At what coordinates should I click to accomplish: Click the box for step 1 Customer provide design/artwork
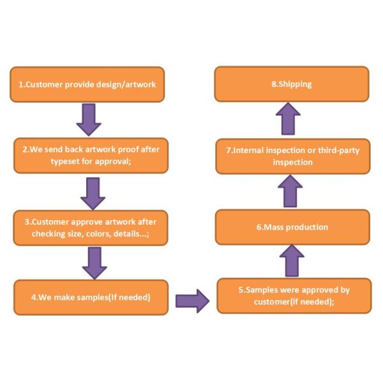click(x=87, y=84)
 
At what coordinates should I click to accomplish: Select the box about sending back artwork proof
click(x=91, y=155)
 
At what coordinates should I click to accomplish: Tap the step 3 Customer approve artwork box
click(x=91, y=227)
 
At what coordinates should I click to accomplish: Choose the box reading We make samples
click(x=89, y=297)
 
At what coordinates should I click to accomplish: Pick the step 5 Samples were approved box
click(x=294, y=296)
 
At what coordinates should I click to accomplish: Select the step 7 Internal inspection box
click(x=293, y=156)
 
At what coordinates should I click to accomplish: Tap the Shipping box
click(x=292, y=84)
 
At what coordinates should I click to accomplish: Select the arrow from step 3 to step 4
click(x=94, y=262)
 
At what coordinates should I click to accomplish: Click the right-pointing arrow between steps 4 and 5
click(x=192, y=299)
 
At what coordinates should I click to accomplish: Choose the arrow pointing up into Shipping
click(x=289, y=119)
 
